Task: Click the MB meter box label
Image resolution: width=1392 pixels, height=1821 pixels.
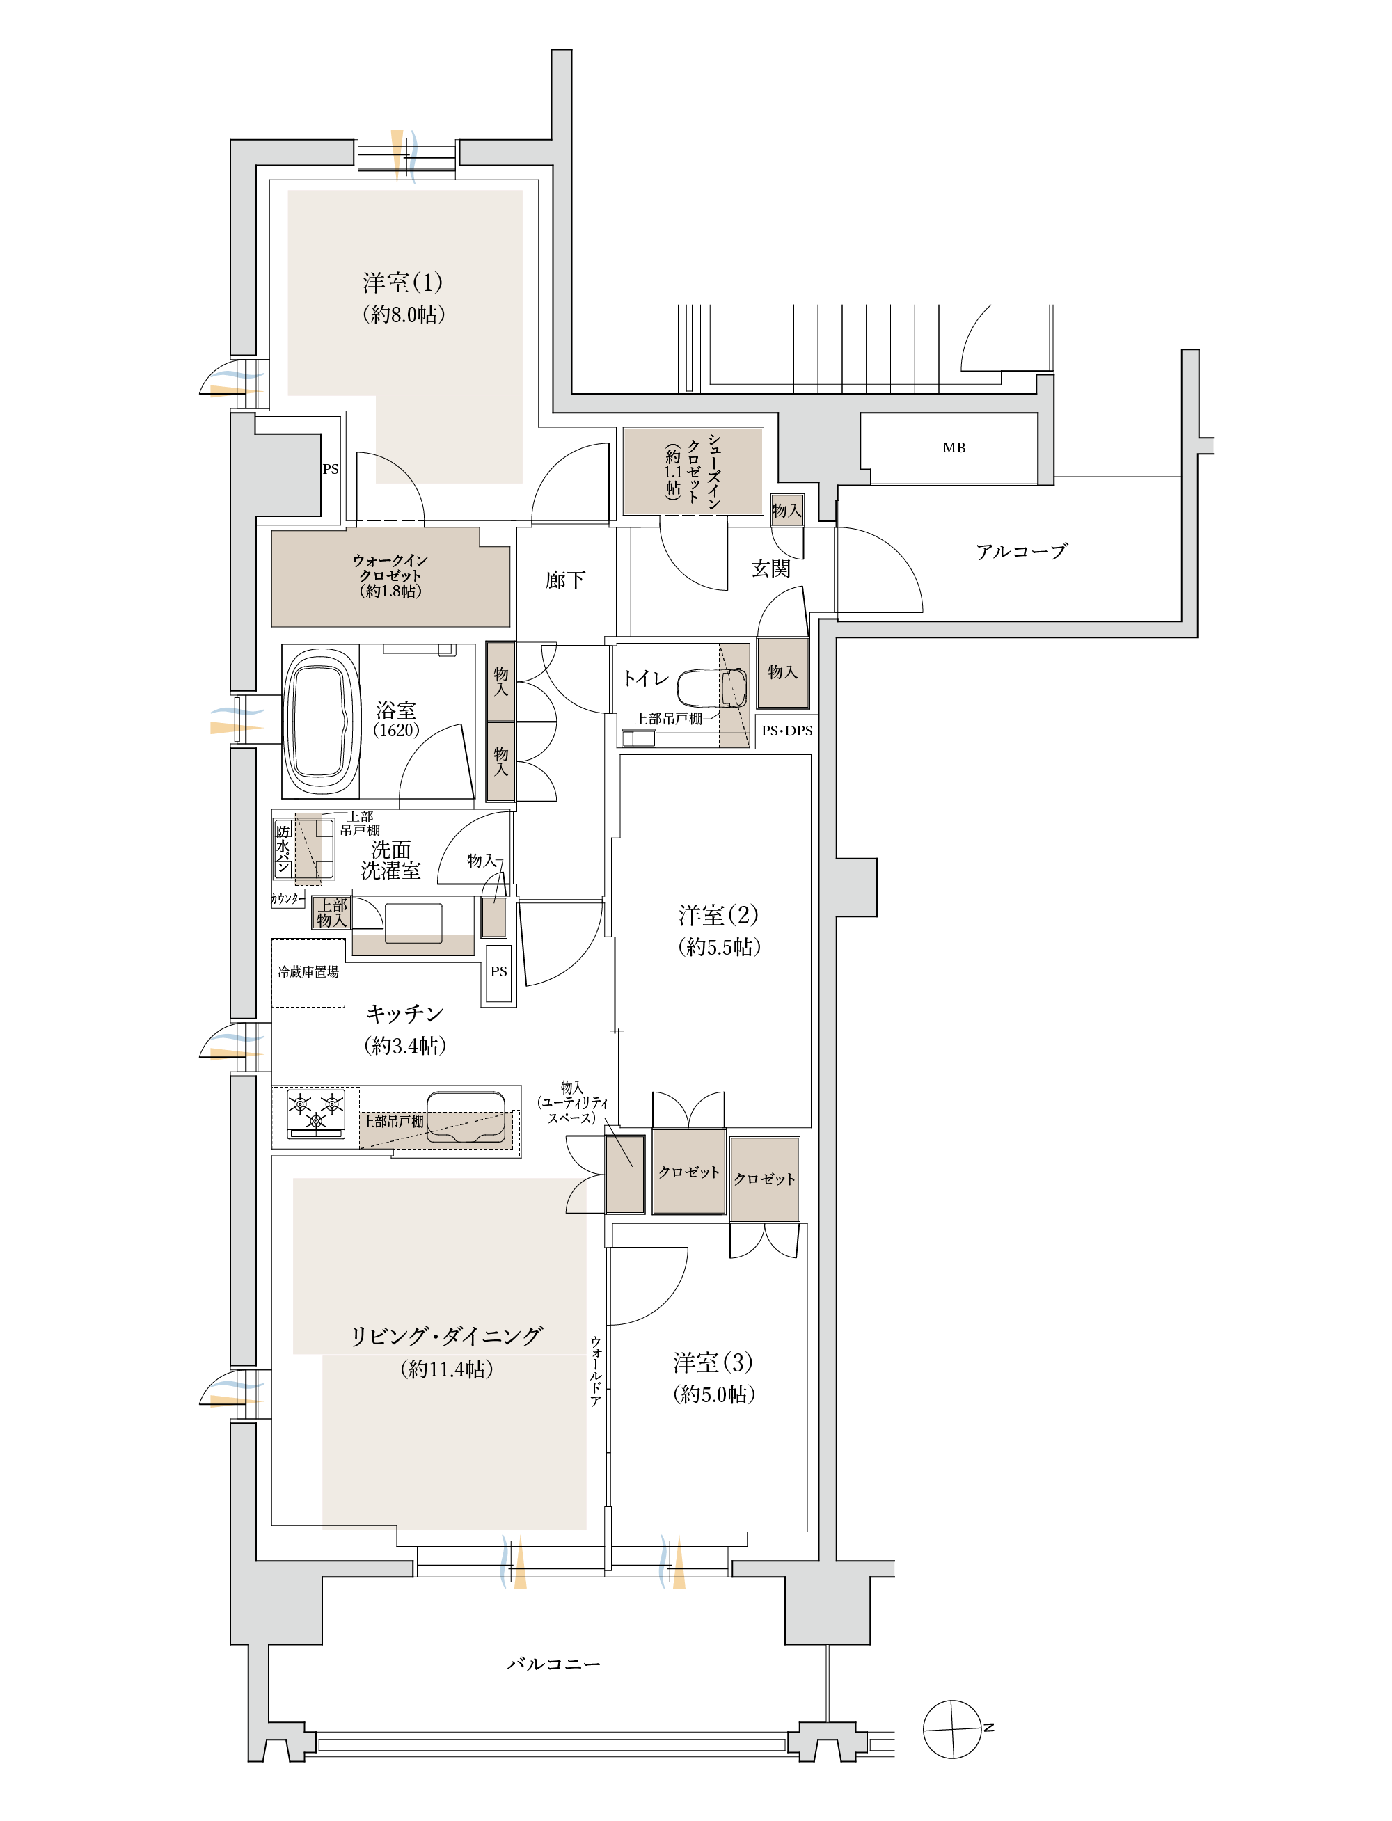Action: (954, 447)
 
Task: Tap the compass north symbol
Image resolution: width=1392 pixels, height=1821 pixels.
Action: (953, 1729)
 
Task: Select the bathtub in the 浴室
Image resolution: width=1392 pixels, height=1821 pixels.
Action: (321, 720)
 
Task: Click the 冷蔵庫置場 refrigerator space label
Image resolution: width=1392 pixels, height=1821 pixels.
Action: (308, 972)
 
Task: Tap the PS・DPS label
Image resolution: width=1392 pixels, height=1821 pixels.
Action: (787, 731)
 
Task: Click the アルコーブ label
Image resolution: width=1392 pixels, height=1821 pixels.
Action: (1022, 551)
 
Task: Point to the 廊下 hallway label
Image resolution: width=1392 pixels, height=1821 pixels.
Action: (565, 579)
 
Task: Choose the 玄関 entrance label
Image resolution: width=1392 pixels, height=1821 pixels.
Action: (770, 568)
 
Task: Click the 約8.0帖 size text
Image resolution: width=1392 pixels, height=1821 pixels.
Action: (404, 314)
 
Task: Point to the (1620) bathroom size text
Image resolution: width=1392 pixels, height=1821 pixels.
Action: (396, 730)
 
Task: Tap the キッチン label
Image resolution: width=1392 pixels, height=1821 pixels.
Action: (405, 1013)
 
